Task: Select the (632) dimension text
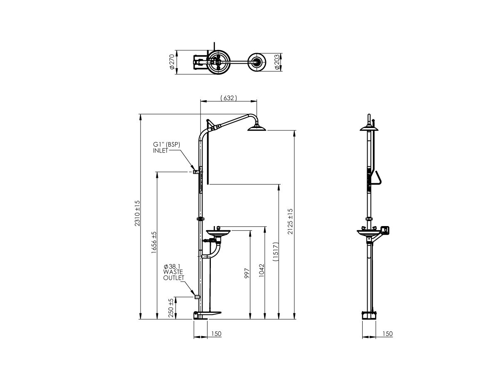228,98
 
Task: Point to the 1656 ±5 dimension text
154,243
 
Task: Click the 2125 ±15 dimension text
291,221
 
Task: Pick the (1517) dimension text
275,252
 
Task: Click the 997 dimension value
247,273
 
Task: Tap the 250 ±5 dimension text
171,308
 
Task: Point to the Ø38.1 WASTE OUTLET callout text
173,272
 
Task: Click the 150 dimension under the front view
216,334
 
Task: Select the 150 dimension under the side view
387,334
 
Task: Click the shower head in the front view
257,128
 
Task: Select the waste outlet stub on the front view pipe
197,297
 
